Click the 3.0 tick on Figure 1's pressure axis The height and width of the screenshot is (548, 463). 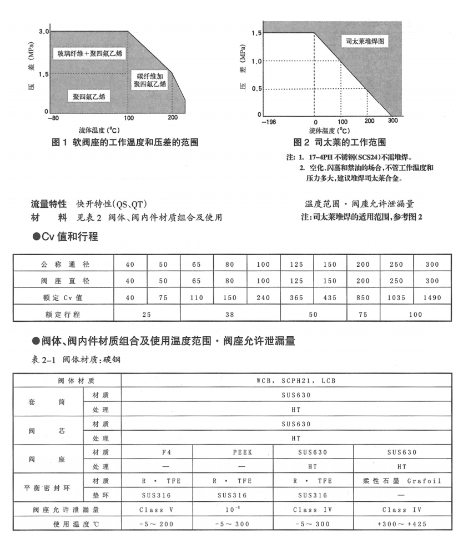tap(44, 32)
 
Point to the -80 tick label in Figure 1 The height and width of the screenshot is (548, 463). tap(53, 118)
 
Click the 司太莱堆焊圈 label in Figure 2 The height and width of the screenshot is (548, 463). tap(365, 42)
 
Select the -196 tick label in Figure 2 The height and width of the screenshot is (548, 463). tap(268, 121)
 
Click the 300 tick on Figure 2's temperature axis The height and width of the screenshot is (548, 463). tap(392, 121)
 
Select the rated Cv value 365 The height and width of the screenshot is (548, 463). tap(297, 297)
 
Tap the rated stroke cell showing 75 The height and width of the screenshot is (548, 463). tap(364, 314)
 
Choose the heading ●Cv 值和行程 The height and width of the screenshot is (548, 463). tap(66, 237)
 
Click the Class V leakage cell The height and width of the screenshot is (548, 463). tap(157, 510)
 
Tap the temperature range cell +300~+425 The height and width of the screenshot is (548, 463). tap(402, 524)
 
